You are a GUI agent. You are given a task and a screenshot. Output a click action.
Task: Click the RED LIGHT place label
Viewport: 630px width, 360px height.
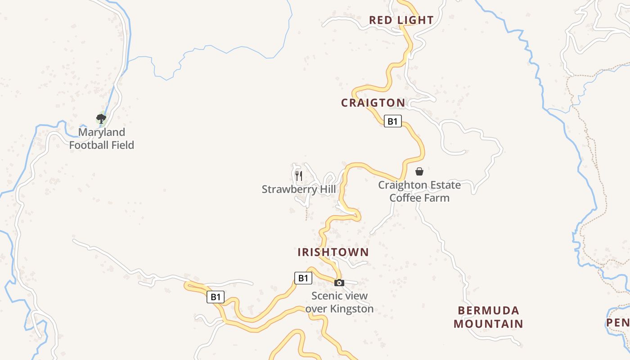point(401,20)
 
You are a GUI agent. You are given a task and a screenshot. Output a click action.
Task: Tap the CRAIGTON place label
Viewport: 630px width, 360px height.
point(373,103)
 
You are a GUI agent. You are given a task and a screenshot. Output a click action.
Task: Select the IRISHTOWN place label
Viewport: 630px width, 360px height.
point(333,252)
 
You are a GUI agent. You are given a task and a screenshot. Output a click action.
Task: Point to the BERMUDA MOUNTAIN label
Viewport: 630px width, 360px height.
point(488,317)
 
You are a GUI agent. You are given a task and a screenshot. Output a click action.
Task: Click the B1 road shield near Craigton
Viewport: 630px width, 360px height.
point(392,121)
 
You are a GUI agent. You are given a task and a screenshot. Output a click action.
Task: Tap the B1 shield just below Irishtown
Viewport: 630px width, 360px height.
point(303,278)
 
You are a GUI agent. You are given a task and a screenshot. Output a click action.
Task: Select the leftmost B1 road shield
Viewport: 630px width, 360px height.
point(216,297)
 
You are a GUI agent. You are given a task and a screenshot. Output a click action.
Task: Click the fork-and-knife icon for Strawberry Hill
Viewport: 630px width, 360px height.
point(299,175)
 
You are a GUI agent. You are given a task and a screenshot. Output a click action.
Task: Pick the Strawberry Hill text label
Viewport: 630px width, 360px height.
point(299,189)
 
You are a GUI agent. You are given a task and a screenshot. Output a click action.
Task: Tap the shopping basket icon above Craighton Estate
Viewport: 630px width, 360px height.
point(419,171)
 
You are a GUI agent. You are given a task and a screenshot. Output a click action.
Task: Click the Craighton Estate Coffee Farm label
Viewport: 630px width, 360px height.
point(419,191)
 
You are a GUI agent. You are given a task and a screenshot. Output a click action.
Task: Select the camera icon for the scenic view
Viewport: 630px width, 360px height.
point(339,283)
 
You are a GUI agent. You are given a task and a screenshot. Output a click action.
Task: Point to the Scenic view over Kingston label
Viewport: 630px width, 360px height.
point(339,302)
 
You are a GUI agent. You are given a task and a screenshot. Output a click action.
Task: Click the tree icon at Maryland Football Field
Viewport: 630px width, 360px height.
point(101,119)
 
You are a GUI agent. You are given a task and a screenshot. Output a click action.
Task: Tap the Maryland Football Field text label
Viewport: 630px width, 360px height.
point(102,139)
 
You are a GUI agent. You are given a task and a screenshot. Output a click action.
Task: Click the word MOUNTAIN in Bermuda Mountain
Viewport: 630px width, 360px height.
point(488,324)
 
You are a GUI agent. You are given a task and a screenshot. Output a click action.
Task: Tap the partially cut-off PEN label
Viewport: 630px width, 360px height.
point(618,323)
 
